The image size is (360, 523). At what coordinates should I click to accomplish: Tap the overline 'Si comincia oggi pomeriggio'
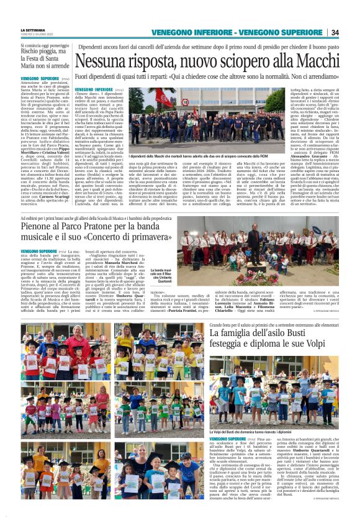tap(43, 45)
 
